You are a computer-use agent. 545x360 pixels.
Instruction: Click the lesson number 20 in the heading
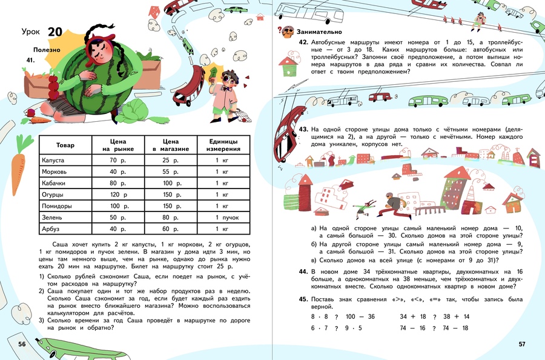(x=54, y=32)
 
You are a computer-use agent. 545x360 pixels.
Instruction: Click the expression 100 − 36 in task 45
(x=360, y=316)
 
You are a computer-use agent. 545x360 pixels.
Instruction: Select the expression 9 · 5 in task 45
(x=354, y=328)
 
